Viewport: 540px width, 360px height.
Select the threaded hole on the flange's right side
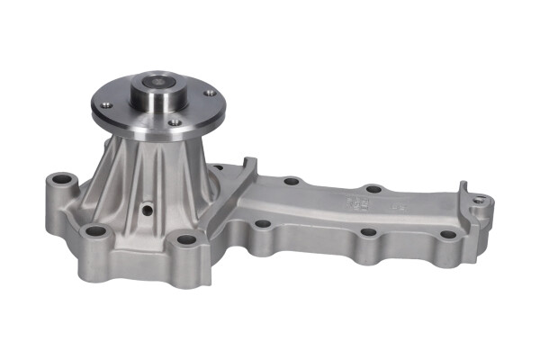[x=209, y=93]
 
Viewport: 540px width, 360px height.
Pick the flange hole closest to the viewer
[x=174, y=122]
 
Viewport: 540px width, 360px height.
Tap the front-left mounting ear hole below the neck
[x=94, y=232]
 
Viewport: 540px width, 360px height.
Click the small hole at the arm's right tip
[x=480, y=199]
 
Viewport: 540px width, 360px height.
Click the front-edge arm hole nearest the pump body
[x=261, y=225]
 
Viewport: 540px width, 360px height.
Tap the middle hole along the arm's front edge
[x=368, y=232]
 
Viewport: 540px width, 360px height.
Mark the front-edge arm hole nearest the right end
[x=447, y=235]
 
